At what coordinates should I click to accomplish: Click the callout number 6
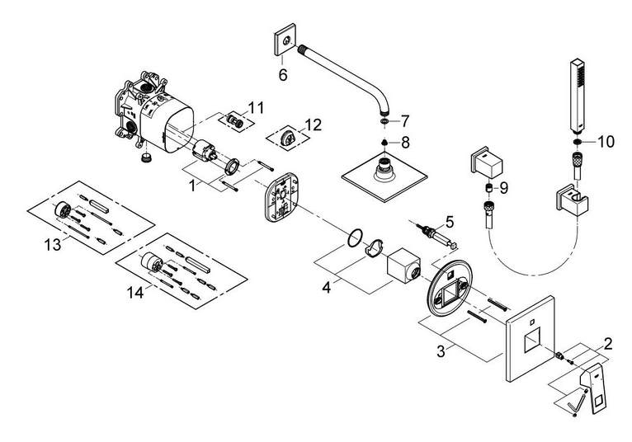[x=283, y=74]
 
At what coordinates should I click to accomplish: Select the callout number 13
[x=53, y=244]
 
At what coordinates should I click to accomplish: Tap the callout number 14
[x=135, y=292]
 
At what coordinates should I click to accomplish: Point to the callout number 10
[x=606, y=142]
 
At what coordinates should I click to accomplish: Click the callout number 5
[x=450, y=222]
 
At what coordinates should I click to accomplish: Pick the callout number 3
[x=441, y=351]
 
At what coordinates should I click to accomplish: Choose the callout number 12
[x=314, y=125]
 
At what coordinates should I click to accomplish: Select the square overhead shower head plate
[x=384, y=176]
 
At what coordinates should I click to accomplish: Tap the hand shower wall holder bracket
[x=572, y=200]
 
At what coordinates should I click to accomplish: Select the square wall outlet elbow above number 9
[x=487, y=162]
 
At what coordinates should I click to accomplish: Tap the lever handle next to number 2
[x=592, y=388]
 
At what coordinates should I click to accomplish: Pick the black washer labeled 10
[x=578, y=142]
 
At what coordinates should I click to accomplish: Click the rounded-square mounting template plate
[x=281, y=197]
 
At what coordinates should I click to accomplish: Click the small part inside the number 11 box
[x=234, y=120]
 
